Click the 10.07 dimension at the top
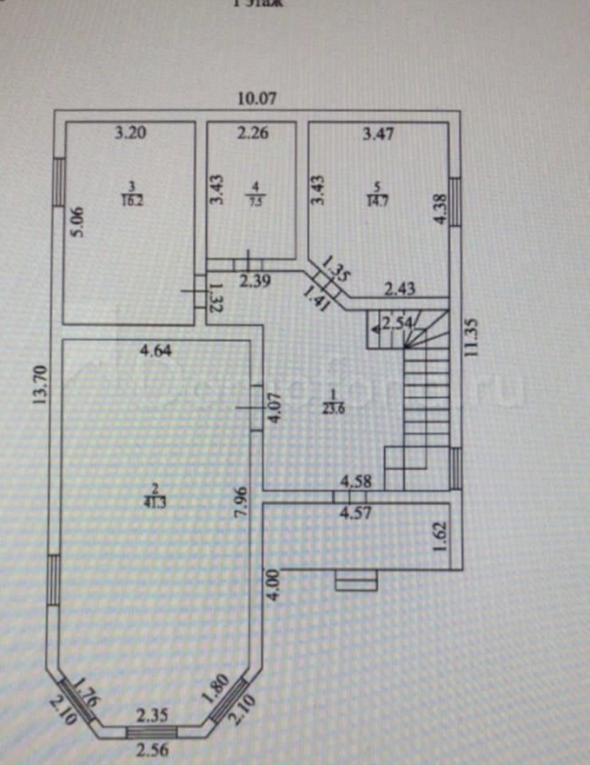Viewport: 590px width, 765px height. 257,99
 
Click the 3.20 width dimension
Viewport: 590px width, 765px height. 131,132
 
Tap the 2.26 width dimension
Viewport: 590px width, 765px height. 252,132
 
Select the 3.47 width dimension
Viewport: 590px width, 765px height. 378,132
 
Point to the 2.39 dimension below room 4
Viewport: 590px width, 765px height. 254,281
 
